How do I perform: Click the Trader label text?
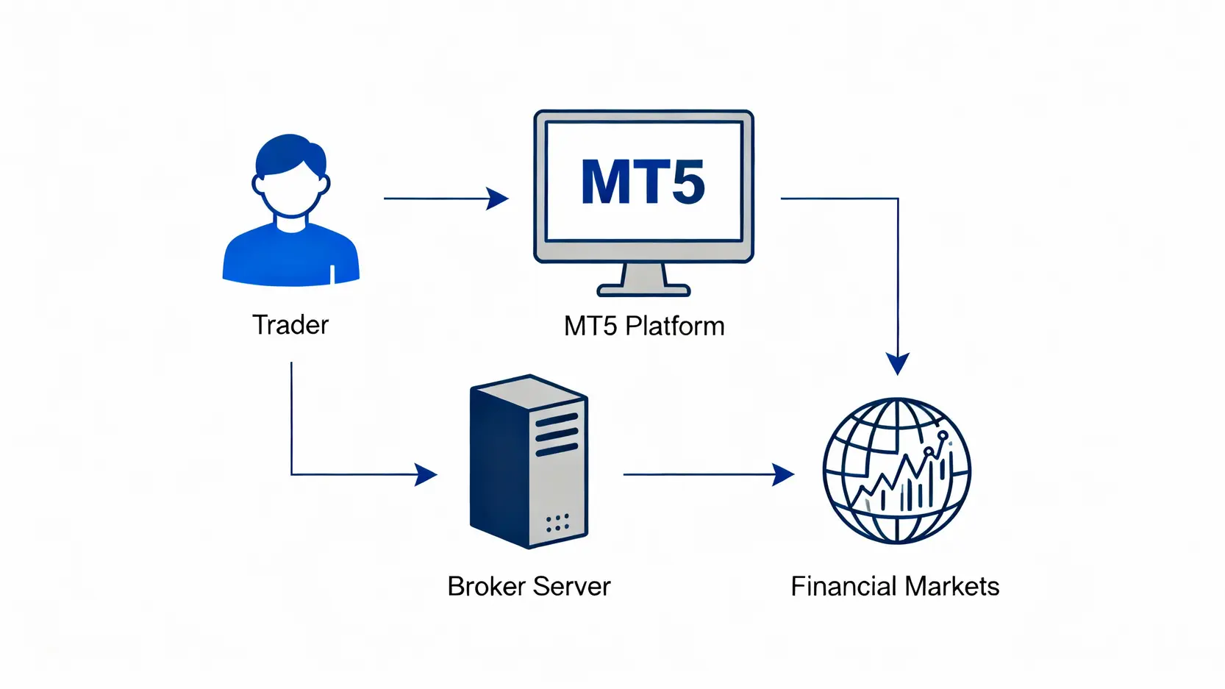pos(290,325)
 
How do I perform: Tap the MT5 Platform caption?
pos(644,326)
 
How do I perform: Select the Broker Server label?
pos(529,586)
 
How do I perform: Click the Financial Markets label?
pos(895,586)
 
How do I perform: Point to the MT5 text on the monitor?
pos(643,182)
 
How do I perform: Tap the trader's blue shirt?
pos(290,257)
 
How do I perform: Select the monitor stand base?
pos(643,290)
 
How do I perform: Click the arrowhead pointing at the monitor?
pos(499,199)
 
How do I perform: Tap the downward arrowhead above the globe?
pos(898,363)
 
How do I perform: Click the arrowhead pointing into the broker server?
pos(426,474)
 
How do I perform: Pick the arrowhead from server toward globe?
pos(784,474)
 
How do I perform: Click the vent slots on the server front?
pos(557,434)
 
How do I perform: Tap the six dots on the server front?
pos(557,523)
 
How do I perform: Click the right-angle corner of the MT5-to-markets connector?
pos(898,199)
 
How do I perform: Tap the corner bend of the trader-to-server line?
pos(292,474)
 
